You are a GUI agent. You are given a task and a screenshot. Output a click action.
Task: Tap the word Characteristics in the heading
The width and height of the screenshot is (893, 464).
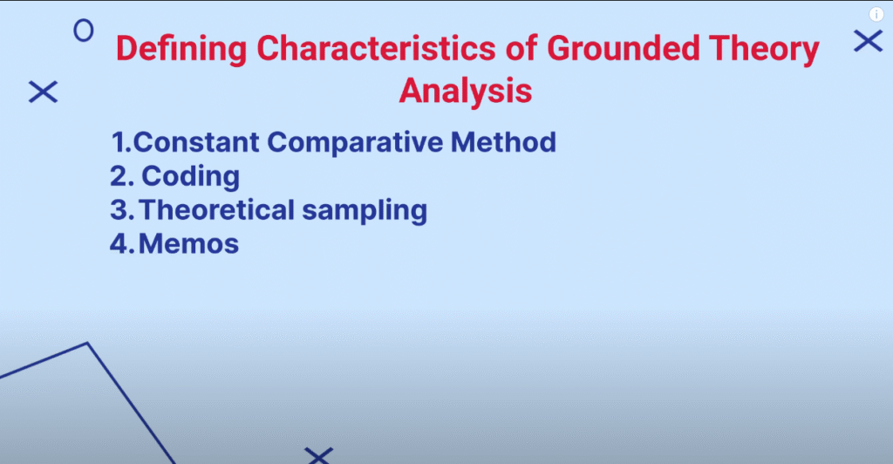coord(377,48)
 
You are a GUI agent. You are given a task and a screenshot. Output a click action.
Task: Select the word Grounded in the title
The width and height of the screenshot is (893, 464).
coord(623,48)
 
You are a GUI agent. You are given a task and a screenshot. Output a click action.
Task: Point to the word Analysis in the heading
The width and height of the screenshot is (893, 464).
coord(466,91)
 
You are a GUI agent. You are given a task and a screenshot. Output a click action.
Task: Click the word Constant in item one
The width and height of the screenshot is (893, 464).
coord(196,142)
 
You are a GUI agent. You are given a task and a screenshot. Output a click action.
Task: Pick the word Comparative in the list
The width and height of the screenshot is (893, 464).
coord(355,143)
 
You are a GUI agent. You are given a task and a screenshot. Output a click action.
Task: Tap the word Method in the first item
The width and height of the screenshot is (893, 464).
coord(503,142)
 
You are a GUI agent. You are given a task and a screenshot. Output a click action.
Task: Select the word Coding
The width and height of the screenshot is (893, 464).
coord(190,177)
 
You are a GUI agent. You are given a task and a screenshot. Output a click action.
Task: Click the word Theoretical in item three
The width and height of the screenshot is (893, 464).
coord(216,209)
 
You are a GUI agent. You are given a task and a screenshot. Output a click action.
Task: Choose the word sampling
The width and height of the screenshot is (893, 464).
coord(365,211)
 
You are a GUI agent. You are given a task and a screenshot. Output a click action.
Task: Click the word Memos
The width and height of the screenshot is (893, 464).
coord(188,243)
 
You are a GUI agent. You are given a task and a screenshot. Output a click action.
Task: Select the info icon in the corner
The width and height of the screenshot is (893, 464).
coord(876,15)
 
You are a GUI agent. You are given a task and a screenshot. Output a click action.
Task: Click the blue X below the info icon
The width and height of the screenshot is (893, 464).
coord(868,41)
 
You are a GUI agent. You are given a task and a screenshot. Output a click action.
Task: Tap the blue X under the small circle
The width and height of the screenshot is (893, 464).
coord(44,92)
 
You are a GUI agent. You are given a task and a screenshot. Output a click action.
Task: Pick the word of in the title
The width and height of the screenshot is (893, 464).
coord(521,48)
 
